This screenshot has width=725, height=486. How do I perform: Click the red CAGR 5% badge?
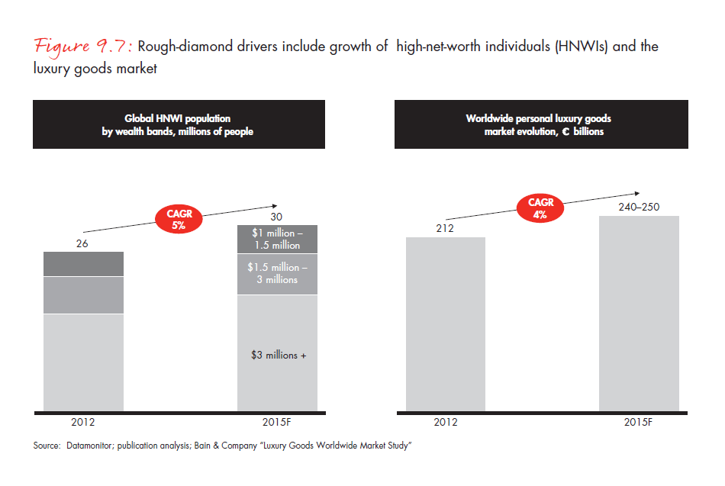click(179, 220)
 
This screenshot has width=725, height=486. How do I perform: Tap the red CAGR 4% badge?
click(540, 208)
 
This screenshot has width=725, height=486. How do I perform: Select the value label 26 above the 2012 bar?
click(83, 244)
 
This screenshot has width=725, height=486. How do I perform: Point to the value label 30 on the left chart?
click(277, 217)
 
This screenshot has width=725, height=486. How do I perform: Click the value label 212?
click(446, 227)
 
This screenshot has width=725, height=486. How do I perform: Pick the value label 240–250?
click(639, 207)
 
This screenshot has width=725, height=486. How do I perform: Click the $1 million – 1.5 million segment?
click(277, 240)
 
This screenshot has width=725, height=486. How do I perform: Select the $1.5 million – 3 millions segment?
click(277, 274)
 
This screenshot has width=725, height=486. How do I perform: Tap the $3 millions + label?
click(279, 355)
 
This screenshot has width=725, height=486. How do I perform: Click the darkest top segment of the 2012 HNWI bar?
click(83, 264)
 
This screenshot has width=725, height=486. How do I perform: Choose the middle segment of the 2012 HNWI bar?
click(83, 295)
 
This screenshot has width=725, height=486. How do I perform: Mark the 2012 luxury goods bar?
click(446, 324)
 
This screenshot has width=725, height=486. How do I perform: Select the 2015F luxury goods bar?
click(639, 314)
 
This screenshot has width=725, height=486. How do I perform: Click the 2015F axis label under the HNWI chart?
click(277, 421)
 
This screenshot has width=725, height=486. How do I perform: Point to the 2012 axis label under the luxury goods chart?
click(446, 421)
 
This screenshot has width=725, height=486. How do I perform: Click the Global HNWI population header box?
click(178, 125)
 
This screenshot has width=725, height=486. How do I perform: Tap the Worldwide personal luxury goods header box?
click(540, 125)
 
